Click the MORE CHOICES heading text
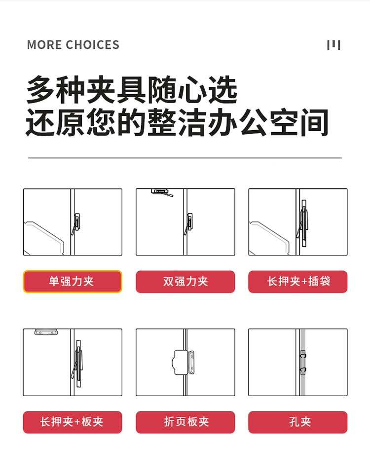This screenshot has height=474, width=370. (73, 45)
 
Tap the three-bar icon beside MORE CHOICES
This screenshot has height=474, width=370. (333, 45)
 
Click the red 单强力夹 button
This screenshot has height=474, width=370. (72, 282)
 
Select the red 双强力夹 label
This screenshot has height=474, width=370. (185, 282)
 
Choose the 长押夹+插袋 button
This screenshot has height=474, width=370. (298, 282)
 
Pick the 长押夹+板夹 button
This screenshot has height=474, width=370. (73, 422)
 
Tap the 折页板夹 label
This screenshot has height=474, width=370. (185, 422)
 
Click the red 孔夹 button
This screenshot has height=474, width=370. (298, 422)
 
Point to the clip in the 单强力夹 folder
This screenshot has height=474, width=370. (76, 224)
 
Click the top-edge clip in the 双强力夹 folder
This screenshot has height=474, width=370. (162, 192)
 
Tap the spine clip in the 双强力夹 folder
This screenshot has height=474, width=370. (188, 224)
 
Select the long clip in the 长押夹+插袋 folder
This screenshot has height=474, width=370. (303, 223)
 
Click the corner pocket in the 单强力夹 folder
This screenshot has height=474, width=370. (44, 239)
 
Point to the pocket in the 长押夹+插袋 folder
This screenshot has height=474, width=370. (269, 239)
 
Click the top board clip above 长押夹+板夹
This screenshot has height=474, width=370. (46, 332)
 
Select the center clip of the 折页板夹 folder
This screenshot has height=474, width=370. (183, 363)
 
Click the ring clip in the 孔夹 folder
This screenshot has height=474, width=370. (303, 363)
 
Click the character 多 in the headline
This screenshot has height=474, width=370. (41, 90)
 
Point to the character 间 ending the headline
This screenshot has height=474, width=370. (314, 122)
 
